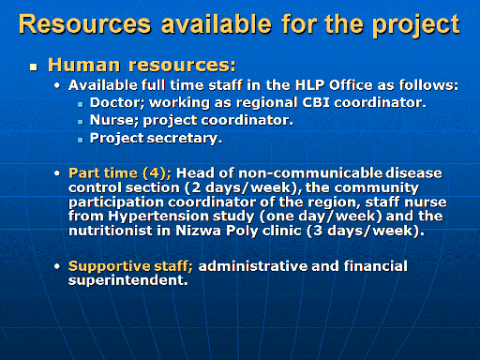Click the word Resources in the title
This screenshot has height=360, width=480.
[85, 23]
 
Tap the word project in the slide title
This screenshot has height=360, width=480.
[416, 25]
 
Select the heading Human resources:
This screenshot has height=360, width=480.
[142, 65]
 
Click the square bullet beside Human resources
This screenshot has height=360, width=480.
[34, 67]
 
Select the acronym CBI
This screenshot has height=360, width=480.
[316, 102]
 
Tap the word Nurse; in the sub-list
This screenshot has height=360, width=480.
[114, 120]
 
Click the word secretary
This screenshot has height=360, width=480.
[185, 138]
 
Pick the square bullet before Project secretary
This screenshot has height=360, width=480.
[81, 140]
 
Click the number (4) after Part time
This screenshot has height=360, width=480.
[157, 173]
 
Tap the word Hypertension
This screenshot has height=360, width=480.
[181, 217]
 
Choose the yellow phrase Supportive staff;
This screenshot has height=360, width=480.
[130, 266]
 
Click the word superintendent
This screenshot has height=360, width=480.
[128, 280]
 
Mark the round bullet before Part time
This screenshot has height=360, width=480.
[57, 173]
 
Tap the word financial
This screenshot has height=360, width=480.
[376, 266]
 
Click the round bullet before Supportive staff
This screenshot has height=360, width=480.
[57, 266]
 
